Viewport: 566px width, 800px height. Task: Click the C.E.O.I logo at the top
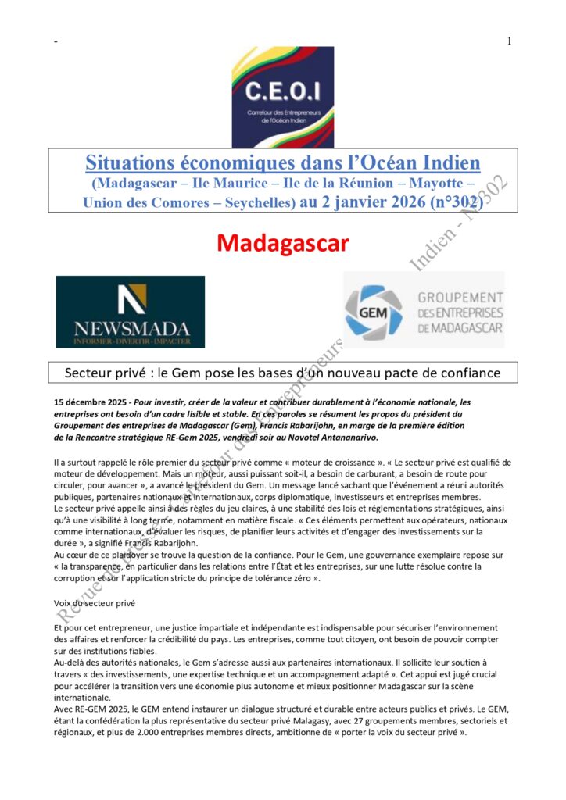(282, 86)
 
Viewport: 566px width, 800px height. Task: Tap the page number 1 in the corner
(509, 41)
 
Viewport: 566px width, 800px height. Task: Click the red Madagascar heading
(282, 243)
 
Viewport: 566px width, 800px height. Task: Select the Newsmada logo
(131, 312)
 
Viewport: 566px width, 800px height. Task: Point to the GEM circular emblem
(374, 309)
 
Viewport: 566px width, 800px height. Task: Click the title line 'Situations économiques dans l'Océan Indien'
(282, 163)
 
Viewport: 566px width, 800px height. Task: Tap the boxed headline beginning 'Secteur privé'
(282, 373)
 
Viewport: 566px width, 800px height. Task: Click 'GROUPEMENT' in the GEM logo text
(460, 298)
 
